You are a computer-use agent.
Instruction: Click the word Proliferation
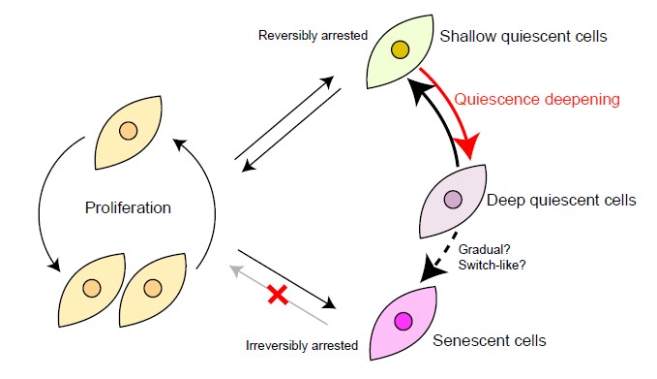128,207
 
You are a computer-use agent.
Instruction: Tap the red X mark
278,295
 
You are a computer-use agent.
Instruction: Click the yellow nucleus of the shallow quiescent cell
400,50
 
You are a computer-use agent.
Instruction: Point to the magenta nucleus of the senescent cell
403,322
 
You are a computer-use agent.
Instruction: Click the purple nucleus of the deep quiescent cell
453,199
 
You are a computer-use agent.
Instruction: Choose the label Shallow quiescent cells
523,36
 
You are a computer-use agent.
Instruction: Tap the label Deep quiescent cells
561,200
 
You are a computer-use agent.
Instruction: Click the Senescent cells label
490,340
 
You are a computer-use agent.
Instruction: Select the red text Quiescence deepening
537,100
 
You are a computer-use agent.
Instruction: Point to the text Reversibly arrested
313,35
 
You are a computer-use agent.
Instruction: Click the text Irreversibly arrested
302,345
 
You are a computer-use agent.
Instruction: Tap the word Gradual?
485,249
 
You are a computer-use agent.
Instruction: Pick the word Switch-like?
492,266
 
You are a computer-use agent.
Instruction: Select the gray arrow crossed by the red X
279,295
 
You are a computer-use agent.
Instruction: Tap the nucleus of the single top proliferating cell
128,131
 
